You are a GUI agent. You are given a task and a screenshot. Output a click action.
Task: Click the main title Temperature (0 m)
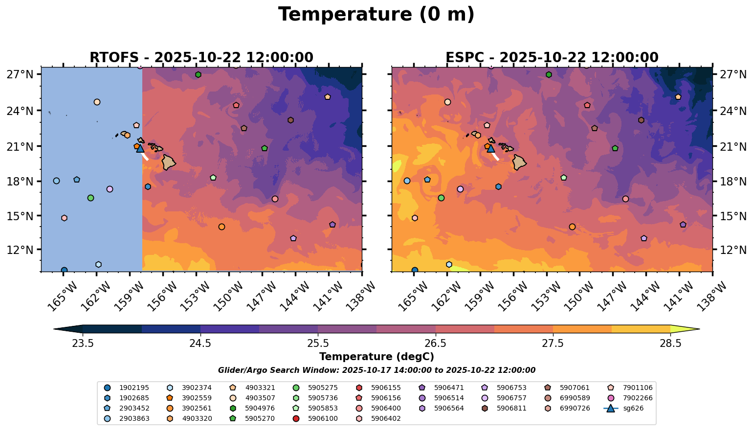coord(376,15)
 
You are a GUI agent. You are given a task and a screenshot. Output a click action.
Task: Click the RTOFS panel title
coord(201,58)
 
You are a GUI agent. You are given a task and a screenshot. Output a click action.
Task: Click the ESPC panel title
coord(552,58)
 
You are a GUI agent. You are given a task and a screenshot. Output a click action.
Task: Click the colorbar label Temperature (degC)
coord(376,357)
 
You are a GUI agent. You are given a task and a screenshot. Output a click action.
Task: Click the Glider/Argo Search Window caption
coord(376,370)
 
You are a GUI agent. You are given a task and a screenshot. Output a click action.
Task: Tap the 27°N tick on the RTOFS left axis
coord(20,75)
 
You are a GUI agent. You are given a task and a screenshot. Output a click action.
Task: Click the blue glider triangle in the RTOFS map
coord(140,148)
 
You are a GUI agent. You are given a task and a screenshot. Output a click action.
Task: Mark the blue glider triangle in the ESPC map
coord(491,148)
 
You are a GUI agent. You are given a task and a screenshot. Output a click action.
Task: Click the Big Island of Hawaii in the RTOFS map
coord(169,162)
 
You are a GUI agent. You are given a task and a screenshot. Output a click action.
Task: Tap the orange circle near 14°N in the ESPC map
coord(572,227)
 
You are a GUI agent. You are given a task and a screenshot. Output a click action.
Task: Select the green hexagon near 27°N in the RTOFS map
coord(198,74)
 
